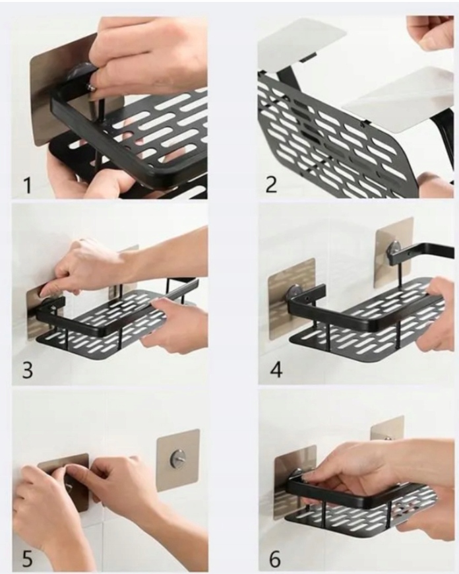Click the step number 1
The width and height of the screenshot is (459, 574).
coord(28,185)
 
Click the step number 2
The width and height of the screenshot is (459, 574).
coord(271,184)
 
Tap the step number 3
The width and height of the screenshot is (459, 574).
coord(28,370)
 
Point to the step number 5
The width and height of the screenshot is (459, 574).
coord(28,559)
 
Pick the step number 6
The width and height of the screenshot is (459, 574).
coord(275,558)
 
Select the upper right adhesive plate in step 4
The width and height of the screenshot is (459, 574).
coord(394,253)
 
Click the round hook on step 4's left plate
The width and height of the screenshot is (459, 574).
coord(293,292)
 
